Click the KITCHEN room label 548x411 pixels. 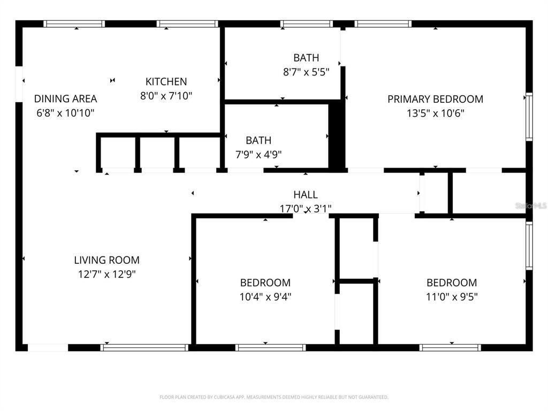pos(166,82)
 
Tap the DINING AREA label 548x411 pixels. pos(65,98)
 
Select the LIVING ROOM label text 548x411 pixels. pos(106,260)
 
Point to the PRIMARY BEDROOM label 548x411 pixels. pos(435,99)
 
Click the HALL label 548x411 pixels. pos(305,195)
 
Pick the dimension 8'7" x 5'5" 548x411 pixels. pos(306,71)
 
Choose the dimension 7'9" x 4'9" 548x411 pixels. pos(258,154)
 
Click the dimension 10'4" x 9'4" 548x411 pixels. pos(265,296)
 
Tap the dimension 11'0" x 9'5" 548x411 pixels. pos(452,296)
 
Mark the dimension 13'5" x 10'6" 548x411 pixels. pos(435,113)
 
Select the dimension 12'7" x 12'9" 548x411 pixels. pos(106,274)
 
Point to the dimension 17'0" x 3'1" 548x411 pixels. pos(306,209)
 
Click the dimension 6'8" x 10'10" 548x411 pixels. pos(65,112)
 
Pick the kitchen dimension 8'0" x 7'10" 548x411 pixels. pos(166,96)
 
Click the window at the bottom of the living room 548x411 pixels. pos(144,348)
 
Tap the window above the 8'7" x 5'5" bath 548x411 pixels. pos(307,24)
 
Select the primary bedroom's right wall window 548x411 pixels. pos(529,116)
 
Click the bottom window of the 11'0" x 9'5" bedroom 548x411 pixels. pos(450,348)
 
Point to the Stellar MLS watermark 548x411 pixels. pos(531,205)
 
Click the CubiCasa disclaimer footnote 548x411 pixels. pos(274,397)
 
